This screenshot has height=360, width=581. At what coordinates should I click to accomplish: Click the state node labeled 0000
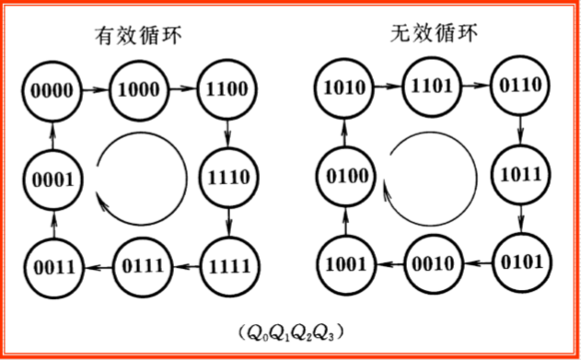(x=52, y=90)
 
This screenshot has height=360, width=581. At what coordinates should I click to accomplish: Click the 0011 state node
(x=52, y=267)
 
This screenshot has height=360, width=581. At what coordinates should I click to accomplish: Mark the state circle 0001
(x=52, y=179)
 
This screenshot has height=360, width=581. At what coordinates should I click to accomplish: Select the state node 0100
(x=346, y=174)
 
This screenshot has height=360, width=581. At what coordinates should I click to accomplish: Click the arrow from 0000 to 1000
(x=96, y=90)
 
